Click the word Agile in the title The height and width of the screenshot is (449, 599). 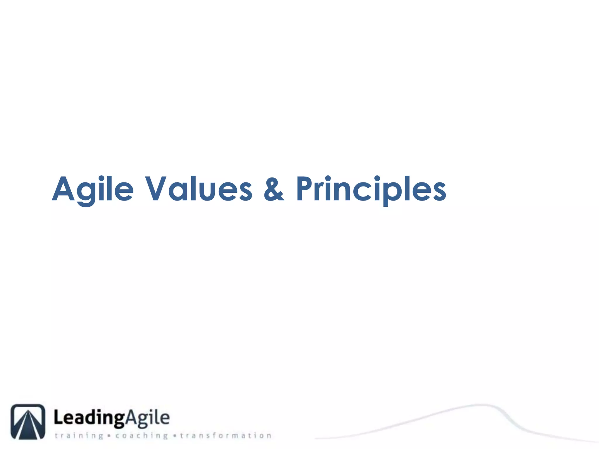click(x=93, y=189)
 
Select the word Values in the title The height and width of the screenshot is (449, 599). click(x=199, y=189)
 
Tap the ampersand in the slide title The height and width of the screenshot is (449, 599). click(x=273, y=189)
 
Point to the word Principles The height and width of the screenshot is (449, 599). click(x=371, y=189)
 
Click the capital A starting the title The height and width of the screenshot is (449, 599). click(x=63, y=189)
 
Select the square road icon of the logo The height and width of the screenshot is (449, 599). click(x=28, y=422)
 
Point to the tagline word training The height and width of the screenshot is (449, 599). click(x=79, y=436)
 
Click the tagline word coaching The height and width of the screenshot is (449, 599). click(x=142, y=436)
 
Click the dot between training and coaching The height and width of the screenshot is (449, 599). click(x=109, y=436)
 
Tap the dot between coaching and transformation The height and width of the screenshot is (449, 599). click(x=175, y=436)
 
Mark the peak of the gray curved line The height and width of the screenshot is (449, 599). click(x=481, y=405)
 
